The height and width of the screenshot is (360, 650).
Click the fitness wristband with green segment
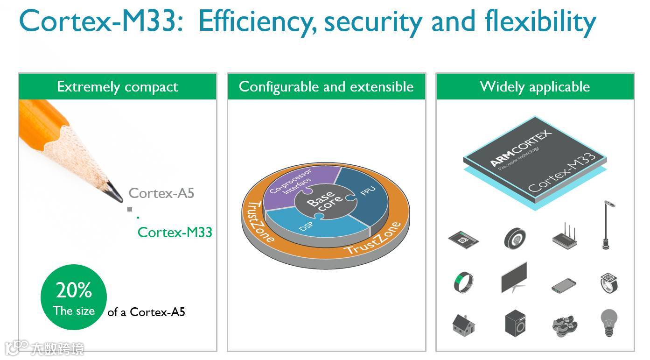(463, 282)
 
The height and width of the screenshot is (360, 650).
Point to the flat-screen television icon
(514, 278)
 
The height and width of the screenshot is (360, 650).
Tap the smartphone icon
(563, 285)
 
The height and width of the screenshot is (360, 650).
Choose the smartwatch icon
(609, 282)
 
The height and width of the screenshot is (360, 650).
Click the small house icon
(463, 323)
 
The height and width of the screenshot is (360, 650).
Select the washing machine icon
(515, 323)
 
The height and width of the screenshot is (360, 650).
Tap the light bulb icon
(609, 322)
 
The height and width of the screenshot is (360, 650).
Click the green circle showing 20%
(74, 297)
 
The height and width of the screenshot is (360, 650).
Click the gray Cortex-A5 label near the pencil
(161, 193)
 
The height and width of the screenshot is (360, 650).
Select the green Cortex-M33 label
(175, 232)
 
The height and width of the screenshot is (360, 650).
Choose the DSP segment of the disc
(306, 226)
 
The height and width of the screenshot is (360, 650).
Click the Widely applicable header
(535, 86)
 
